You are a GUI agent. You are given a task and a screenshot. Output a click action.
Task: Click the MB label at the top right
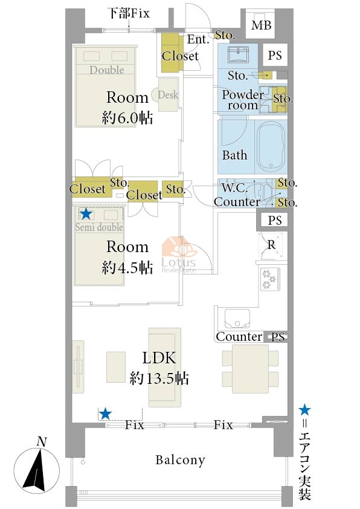pos(261,25)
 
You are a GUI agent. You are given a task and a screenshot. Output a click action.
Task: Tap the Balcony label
pos(181,460)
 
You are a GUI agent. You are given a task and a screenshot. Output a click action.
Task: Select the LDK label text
pos(159,358)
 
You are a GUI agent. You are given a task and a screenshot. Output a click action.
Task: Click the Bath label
pos(234,155)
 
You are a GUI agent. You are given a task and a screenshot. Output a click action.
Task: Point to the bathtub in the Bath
pos(271,146)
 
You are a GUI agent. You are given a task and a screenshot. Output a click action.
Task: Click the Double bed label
pos(107,70)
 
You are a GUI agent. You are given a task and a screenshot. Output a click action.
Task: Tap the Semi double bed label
pos(99,227)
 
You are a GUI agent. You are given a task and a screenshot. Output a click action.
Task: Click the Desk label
pos(168,95)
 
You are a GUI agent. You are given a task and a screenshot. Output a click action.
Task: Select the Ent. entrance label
pos(198,39)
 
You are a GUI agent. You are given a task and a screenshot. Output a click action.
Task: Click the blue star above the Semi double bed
pos(86,213)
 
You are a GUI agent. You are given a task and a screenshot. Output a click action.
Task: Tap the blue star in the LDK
pos(105,414)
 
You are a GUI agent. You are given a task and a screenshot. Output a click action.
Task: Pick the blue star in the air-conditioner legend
pos(304,410)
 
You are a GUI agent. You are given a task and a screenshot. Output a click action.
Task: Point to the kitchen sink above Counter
pos(237,319)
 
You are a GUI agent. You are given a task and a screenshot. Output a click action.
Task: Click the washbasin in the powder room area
pos(239,54)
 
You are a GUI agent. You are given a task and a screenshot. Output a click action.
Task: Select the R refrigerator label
pos(271,245)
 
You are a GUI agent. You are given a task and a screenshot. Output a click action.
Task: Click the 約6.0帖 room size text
pos(127,117)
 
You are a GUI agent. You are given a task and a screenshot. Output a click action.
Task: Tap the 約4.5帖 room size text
pos(127,267)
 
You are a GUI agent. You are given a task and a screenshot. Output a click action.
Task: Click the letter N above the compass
pos(42,441)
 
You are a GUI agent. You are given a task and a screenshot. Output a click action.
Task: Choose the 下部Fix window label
pos(129,13)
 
